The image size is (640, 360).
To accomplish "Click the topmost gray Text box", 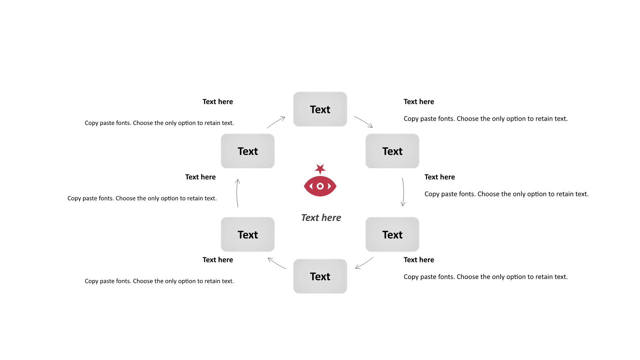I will tap(320, 109).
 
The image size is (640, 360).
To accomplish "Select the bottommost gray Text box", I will tap(320, 276).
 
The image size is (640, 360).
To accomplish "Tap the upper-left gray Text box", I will tap(248, 151).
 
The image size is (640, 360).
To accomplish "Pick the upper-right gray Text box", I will tap(392, 151).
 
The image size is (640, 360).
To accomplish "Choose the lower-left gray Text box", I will tap(248, 234).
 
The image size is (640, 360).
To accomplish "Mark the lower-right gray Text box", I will tap(392, 234).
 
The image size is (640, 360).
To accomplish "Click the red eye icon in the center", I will tap(320, 186).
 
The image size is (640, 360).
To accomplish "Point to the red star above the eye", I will tap(320, 169).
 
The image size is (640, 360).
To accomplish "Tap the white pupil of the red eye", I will tap(320, 186).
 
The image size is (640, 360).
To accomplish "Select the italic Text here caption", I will tap(321, 218).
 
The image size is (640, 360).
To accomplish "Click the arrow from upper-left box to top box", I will tap(276, 122).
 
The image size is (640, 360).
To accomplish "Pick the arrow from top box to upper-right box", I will tap(363, 122).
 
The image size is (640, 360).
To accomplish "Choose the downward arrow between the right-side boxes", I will tap(403, 192).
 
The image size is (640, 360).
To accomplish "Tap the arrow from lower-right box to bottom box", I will tap(364, 263).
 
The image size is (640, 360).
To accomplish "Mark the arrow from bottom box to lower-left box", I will tap(277, 263).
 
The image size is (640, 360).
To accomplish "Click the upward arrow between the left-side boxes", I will tap(237, 193).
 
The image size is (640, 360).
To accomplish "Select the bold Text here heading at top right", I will tap(419, 102).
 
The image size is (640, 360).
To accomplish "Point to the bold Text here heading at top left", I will tap(218, 102).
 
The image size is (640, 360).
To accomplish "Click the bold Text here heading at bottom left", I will tap(218, 260).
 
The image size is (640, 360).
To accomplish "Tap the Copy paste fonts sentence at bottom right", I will tap(485, 277).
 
